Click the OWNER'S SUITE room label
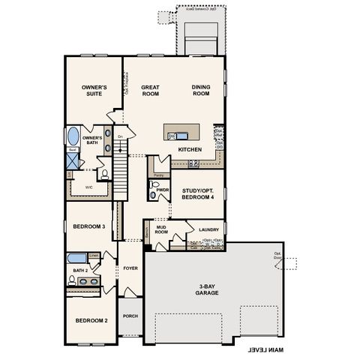(x=94, y=91)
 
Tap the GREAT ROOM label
(x=151, y=91)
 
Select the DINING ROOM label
(x=202, y=91)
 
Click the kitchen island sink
(x=172, y=136)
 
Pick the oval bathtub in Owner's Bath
(x=73, y=137)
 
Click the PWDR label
(x=163, y=190)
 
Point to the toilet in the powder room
(x=154, y=193)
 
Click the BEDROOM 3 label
(x=88, y=225)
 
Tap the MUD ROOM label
(x=161, y=229)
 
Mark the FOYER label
(x=131, y=268)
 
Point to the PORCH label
(x=130, y=316)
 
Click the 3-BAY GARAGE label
(x=213, y=289)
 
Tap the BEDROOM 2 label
(x=91, y=320)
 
